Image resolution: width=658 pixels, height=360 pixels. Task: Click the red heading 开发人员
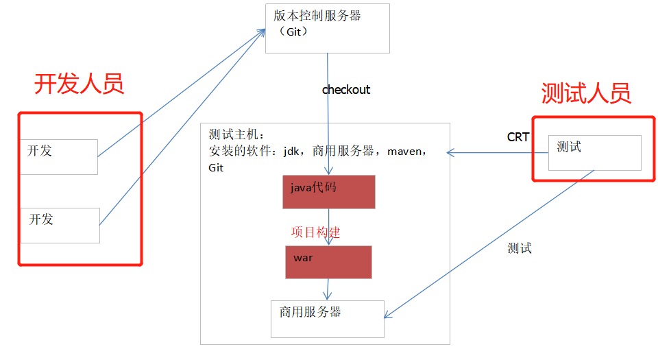coord(79,84)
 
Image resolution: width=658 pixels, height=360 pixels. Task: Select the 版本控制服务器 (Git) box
coord(327,28)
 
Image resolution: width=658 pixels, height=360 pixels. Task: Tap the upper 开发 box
coord(59,156)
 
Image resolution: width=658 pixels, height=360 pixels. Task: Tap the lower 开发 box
coord(60,225)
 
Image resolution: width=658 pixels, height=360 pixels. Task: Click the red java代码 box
coord(328,191)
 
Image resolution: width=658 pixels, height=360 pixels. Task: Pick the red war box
coord(328,262)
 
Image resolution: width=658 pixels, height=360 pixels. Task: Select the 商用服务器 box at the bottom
coord(327,320)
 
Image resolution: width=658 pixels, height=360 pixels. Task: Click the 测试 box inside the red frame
coord(594,152)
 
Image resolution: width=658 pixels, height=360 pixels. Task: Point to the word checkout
coord(346,90)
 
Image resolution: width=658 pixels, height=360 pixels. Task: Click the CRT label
coord(517,137)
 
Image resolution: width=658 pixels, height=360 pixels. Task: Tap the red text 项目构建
coord(315,232)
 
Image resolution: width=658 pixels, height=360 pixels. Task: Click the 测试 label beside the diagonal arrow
coord(520,248)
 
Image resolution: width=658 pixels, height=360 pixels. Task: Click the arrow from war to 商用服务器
coord(329,288)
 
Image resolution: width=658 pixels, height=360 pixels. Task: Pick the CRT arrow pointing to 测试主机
coord(489,152)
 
